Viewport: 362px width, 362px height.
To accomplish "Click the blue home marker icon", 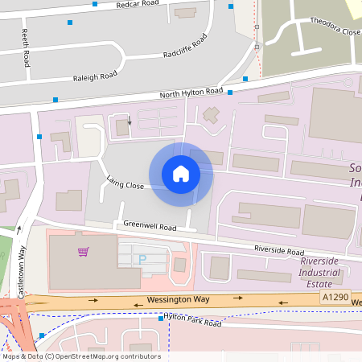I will [181, 174].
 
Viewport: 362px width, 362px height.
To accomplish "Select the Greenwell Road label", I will [144, 227].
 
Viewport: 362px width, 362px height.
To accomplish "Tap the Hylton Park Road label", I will [193, 323].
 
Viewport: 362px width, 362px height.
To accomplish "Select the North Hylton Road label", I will [191, 94].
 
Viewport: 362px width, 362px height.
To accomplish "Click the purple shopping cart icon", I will [82, 252].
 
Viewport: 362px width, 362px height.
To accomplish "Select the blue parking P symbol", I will [143, 259].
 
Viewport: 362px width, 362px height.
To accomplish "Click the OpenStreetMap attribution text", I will [81, 356].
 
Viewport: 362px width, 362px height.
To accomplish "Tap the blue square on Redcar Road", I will [95, 4].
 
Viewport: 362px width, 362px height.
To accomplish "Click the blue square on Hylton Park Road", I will [161, 319].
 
